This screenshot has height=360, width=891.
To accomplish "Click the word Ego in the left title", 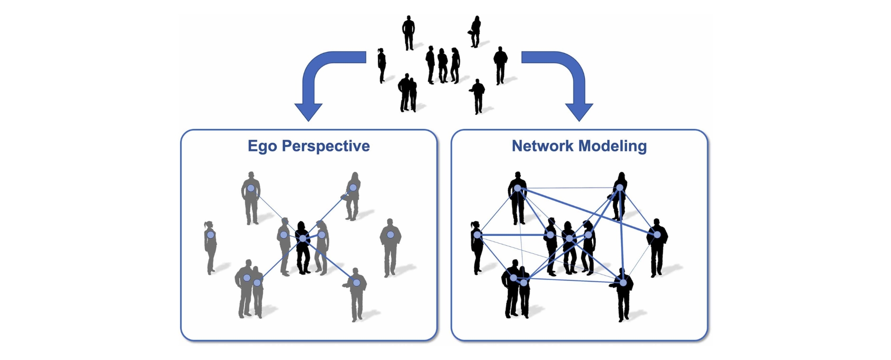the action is click(263, 146).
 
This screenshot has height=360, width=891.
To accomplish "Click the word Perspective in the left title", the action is click(326, 146).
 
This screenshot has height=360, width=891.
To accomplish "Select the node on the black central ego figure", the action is click(302, 238).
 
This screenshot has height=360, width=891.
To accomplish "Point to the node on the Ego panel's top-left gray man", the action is click(251, 188).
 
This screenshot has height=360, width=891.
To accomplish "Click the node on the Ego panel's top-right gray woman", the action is click(353, 188).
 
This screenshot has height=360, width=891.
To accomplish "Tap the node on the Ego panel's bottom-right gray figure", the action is click(356, 283).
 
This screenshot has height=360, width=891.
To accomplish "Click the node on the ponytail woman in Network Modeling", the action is click(477, 234).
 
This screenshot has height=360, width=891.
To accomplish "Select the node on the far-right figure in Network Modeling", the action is click(657, 234).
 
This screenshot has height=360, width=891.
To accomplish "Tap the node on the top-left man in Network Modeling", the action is click(518, 188).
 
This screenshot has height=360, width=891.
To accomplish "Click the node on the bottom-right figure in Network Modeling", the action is click(623, 283).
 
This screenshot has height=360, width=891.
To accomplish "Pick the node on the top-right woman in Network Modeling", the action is click(620, 188).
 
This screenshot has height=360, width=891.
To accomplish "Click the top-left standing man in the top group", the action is click(408, 32).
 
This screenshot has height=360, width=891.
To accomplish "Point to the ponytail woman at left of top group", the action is click(382, 65).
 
